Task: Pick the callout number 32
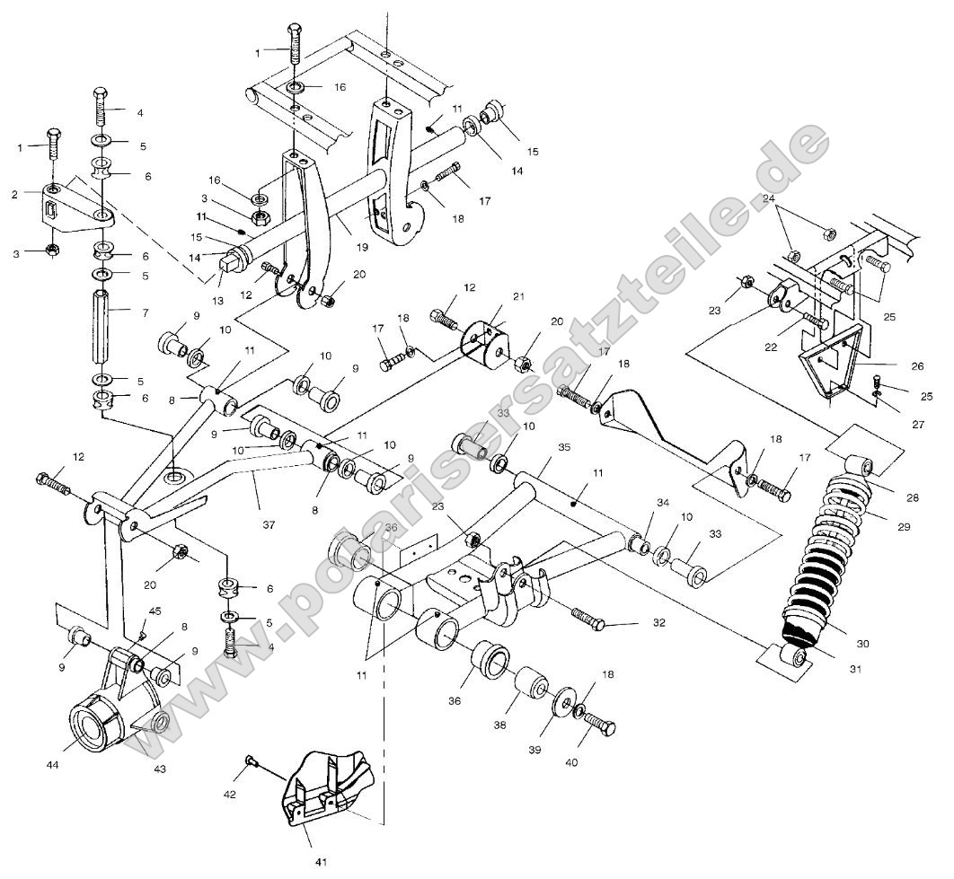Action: click(x=658, y=622)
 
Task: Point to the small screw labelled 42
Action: click(x=252, y=762)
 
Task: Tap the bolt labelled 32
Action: click(x=590, y=618)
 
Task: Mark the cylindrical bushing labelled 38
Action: click(x=530, y=687)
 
